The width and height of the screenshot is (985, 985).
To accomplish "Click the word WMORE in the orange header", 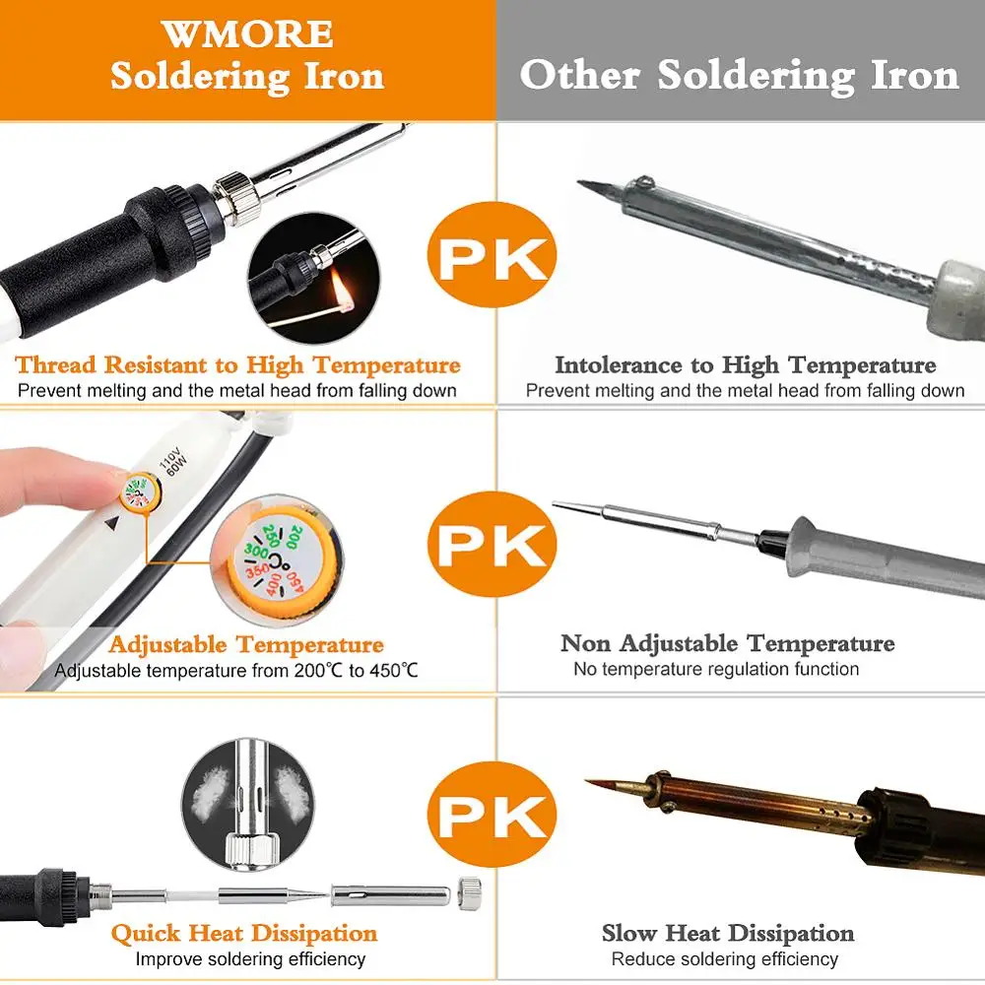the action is [x=247, y=33].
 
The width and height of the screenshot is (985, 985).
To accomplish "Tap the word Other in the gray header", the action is [x=580, y=75].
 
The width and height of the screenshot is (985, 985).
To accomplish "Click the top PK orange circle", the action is [x=492, y=255].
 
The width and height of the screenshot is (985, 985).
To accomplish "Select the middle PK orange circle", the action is [x=492, y=544].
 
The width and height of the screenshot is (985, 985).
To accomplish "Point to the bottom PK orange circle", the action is [x=492, y=815].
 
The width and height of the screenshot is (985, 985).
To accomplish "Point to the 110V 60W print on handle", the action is [x=172, y=461].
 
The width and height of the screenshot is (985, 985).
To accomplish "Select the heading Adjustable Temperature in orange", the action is [x=245, y=644].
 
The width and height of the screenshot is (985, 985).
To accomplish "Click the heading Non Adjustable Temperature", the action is [x=728, y=643].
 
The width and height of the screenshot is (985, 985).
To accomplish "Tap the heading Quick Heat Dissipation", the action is [x=244, y=933].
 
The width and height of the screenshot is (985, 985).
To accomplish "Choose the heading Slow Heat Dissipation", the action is [x=728, y=933].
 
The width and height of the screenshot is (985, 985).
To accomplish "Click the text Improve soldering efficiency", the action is [x=250, y=959].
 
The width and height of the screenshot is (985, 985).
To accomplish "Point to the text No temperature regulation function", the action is [x=716, y=669].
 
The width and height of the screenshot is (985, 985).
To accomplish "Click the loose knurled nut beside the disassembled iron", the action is [x=470, y=892].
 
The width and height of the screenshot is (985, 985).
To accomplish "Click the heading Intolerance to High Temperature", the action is [x=745, y=365].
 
